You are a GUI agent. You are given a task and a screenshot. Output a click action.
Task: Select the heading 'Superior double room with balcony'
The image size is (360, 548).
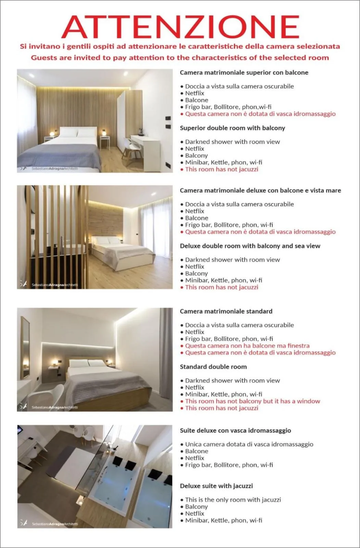(232, 128)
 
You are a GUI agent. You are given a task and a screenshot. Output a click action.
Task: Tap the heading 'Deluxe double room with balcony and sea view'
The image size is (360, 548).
(250, 246)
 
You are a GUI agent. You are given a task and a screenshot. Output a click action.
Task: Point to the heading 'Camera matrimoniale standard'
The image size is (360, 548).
(226, 311)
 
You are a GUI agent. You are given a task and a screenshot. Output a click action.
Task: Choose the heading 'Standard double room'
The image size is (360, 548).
(213, 367)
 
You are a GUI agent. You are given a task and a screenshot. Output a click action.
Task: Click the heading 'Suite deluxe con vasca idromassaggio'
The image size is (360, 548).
(235, 431)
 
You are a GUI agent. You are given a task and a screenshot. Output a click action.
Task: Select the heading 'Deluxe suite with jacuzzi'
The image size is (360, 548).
(216, 486)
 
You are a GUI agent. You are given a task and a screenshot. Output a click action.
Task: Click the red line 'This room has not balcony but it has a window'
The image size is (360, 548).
(252, 401)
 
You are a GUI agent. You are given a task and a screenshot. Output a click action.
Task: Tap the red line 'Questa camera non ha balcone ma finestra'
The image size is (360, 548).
(247, 346)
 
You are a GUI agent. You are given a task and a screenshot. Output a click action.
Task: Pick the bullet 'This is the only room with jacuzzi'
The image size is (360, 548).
(233, 500)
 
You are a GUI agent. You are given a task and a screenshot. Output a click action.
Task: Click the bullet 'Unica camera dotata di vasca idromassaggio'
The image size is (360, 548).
(249, 444)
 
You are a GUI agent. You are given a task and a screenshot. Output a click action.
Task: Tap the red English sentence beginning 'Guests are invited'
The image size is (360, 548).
(180, 58)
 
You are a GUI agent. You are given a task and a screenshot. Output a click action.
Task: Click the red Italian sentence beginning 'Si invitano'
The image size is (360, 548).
(180, 46)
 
